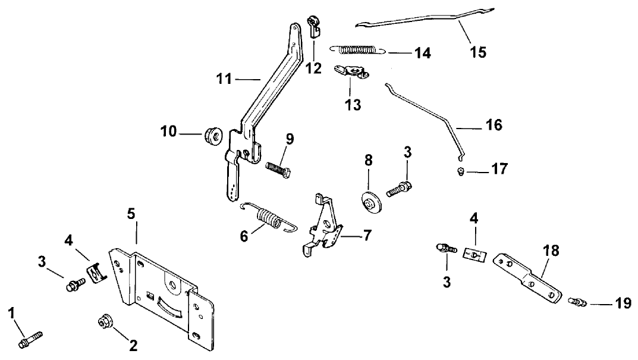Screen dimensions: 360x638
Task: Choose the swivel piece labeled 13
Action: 351,73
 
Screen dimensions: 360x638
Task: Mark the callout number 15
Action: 477,52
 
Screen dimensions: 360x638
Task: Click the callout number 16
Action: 493,125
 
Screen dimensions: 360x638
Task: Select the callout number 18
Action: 551,251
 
